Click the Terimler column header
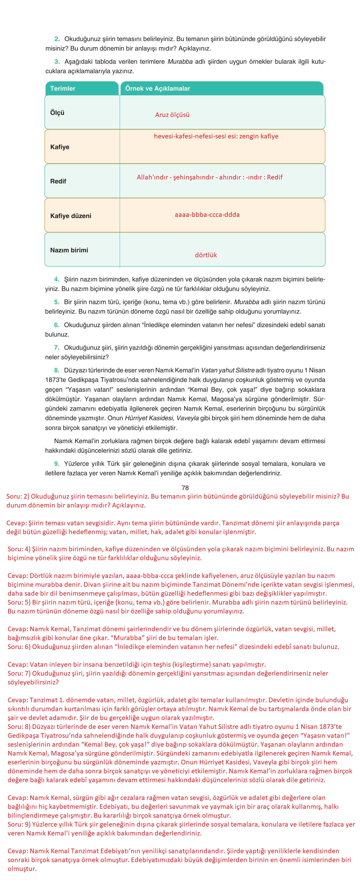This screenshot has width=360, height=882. pyautogui.click(x=63, y=88)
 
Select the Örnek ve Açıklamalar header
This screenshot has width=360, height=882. pyautogui.click(x=157, y=88)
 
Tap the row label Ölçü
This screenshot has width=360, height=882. pyautogui.click(x=57, y=113)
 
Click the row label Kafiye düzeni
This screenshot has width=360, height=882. pyautogui.click(x=70, y=216)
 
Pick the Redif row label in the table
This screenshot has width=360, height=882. pyautogui.click(x=58, y=182)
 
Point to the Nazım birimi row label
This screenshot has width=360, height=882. pyautogui.click(x=69, y=250)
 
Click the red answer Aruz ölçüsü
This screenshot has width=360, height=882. pyautogui.click(x=172, y=115)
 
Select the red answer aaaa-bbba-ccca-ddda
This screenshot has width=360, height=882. pyautogui.click(x=207, y=215)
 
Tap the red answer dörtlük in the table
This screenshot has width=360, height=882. pyautogui.click(x=206, y=255)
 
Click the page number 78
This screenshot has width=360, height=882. pyautogui.click(x=185, y=488)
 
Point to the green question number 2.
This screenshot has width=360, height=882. pyautogui.click(x=57, y=39)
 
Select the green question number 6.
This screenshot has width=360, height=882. pyautogui.click(x=57, y=325)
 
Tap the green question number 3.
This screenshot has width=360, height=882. pyautogui.click(x=57, y=62)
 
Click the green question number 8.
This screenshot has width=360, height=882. pyautogui.click(x=57, y=371)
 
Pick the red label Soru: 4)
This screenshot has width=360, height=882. pyautogui.click(x=19, y=549)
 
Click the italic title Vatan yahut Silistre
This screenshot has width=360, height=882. pyautogui.click(x=227, y=371)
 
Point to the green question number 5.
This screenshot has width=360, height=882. pyautogui.click(x=57, y=302)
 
